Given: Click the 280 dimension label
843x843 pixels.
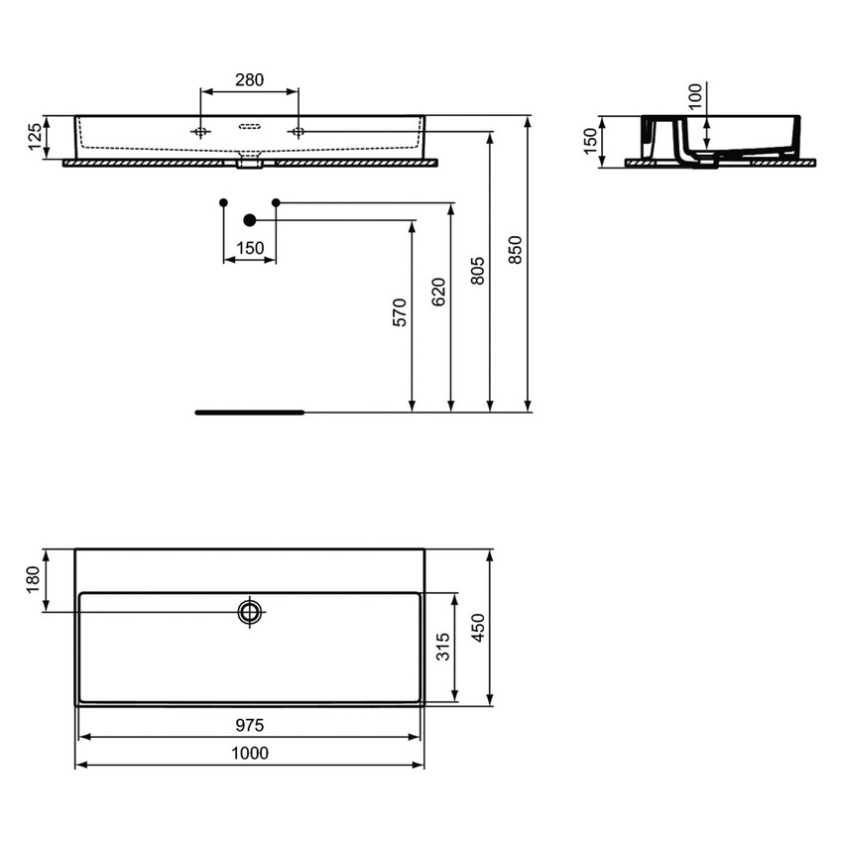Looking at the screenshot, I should [x=249, y=80].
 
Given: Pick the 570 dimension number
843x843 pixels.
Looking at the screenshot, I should [x=401, y=312].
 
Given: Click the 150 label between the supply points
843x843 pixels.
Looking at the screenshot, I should [x=250, y=249].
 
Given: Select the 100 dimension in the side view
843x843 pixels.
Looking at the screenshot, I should [x=694, y=95].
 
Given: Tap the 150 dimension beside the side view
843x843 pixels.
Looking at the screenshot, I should [x=591, y=141].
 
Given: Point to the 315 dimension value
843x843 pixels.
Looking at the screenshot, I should [x=443, y=647].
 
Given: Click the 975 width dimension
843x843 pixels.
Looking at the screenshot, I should [x=250, y=726].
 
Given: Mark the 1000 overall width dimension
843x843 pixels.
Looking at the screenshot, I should [x=250, y=754].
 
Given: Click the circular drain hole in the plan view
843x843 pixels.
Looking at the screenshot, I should [x=250, y=611].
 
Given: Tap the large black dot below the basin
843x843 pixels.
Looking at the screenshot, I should [x=250, y=220].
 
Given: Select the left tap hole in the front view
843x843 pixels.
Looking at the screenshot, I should [x=201, y=132].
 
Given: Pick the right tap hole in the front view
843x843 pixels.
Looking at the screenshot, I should [x=298, y=132].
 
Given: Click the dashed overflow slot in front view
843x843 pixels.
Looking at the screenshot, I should [x=250, y=127].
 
